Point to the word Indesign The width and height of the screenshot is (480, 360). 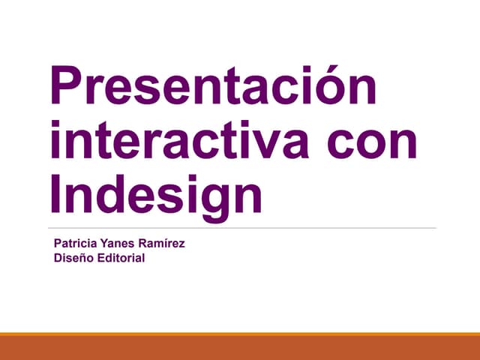[156, 193]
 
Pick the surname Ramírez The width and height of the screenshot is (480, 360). [161, 244]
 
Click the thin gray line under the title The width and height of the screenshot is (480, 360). [240, 228]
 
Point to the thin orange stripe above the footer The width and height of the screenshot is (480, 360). [240, 334]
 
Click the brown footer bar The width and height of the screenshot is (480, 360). [240, 349]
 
